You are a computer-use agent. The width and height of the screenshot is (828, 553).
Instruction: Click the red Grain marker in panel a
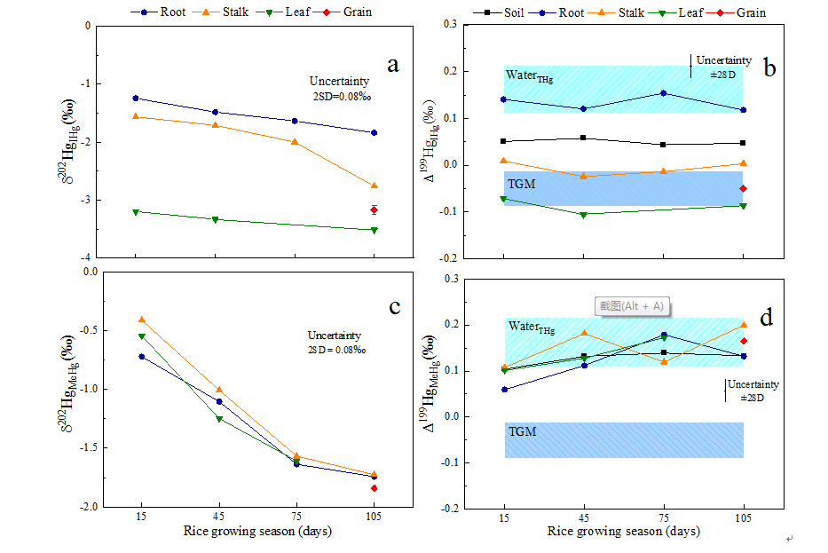coord(374,209)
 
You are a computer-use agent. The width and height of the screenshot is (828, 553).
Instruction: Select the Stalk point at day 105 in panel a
coord(374,186)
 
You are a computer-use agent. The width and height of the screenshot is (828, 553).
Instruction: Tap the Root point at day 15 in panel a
coord(136,98)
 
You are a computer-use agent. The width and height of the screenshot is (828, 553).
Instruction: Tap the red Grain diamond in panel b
coord(742,188)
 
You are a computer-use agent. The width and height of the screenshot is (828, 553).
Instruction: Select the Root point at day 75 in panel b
coord(663,93)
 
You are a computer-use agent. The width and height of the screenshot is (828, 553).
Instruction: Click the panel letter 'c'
coord(395,307)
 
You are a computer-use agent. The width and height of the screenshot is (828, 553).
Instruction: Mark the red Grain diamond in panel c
coord(374,488)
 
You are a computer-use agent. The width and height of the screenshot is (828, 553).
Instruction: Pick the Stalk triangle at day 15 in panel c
coord(141,320)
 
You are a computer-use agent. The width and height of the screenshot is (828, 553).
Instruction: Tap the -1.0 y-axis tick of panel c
coord(85,389)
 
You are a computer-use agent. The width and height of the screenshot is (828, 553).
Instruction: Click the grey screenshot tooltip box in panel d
coord(631,306)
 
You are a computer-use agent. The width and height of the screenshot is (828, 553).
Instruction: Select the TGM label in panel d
coord(522,431)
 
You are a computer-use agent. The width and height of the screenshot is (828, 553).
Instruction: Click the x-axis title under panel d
coord(623,533)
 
